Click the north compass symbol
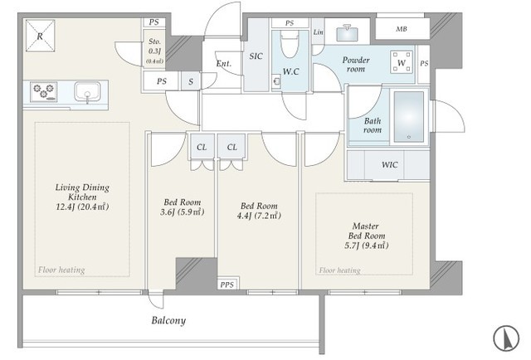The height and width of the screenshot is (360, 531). pos(506,338)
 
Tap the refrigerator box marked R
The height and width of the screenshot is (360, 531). pos(40,36)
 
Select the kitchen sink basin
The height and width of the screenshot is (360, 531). pos(87,92)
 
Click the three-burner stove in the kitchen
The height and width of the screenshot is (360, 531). pos(44,92)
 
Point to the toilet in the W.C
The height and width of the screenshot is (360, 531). pos(290,44)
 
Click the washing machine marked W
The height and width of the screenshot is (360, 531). pos(402,62)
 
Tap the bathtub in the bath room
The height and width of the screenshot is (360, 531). pos(409,116)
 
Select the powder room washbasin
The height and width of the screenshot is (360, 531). pos(348,33)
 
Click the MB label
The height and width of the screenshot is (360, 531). pos(402,29)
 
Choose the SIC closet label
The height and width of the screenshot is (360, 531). pos(256,56)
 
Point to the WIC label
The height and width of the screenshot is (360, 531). pos(390,165)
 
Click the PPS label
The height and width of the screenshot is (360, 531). pos(227,285)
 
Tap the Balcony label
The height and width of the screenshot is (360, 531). pos(168,320)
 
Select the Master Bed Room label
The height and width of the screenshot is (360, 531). pos(367,236)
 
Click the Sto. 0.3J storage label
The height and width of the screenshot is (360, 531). pos(154,51)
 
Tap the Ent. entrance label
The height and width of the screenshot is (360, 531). pos(224,63)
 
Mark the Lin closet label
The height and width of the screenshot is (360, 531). pos(318,32)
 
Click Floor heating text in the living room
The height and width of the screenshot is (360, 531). pos(61,270)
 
